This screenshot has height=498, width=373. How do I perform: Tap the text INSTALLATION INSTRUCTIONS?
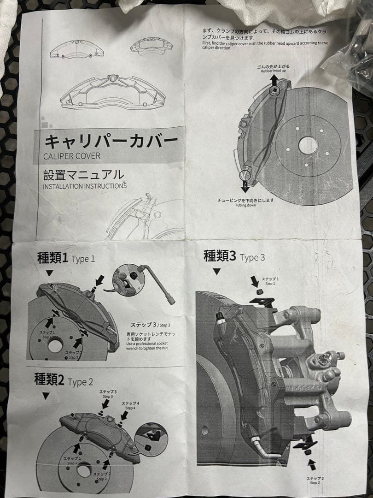point(85,186)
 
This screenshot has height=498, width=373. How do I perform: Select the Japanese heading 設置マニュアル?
point(83,175)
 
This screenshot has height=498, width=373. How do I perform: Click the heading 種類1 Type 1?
point(66,258)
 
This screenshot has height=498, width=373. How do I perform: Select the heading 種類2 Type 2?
point(64,381)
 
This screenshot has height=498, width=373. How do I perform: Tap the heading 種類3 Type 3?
point(234,256)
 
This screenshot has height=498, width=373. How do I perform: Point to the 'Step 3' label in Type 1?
point(150,325)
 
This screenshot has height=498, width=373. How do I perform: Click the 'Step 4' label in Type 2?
point(130,405)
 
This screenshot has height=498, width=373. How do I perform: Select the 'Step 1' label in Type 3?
point(270,281)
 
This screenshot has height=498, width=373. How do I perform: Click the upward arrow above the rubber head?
point(274,80)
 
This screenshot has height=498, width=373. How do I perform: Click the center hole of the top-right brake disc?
point(308,146)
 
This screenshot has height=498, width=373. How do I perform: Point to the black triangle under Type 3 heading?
point(216,272)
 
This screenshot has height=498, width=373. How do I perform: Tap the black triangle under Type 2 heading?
point(45,396)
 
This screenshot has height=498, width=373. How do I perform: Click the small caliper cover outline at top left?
point(76,49)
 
